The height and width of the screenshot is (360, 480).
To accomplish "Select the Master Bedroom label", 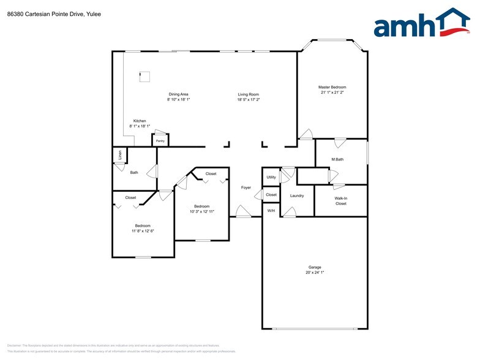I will [x=332, y=87].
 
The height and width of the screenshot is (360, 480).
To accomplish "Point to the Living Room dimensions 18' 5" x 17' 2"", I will [x=249, y=100].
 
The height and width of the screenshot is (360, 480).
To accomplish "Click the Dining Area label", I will [x=178, y=94].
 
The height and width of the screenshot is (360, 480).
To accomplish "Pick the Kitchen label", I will [x=140, y=121].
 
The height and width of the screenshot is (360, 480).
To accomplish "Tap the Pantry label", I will [x=160, y=141].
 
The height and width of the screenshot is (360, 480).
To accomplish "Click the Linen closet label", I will [x=120, y=155].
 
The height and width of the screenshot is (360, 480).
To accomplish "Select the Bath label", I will [x=134, y=173].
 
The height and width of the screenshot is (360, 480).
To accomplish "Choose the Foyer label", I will [x=246, y=187].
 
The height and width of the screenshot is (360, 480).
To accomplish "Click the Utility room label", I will [x=271, y=178].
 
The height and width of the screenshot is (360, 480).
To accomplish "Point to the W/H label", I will [x=271, y=211].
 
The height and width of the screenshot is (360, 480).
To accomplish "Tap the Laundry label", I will [x=297, y=195].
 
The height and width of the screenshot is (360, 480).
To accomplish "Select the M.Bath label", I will [x=337, y=160].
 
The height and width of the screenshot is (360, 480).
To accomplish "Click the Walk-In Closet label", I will [x=341, y=201].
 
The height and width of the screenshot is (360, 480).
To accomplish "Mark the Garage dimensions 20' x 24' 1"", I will [x=315, y=273].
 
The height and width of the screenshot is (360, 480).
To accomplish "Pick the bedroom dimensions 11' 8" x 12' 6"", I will [x=143, y=231].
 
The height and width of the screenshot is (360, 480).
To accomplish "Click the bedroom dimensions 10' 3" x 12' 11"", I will [x=202, y=212].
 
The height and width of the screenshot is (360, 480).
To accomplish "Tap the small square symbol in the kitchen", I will [x=145, y=77].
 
